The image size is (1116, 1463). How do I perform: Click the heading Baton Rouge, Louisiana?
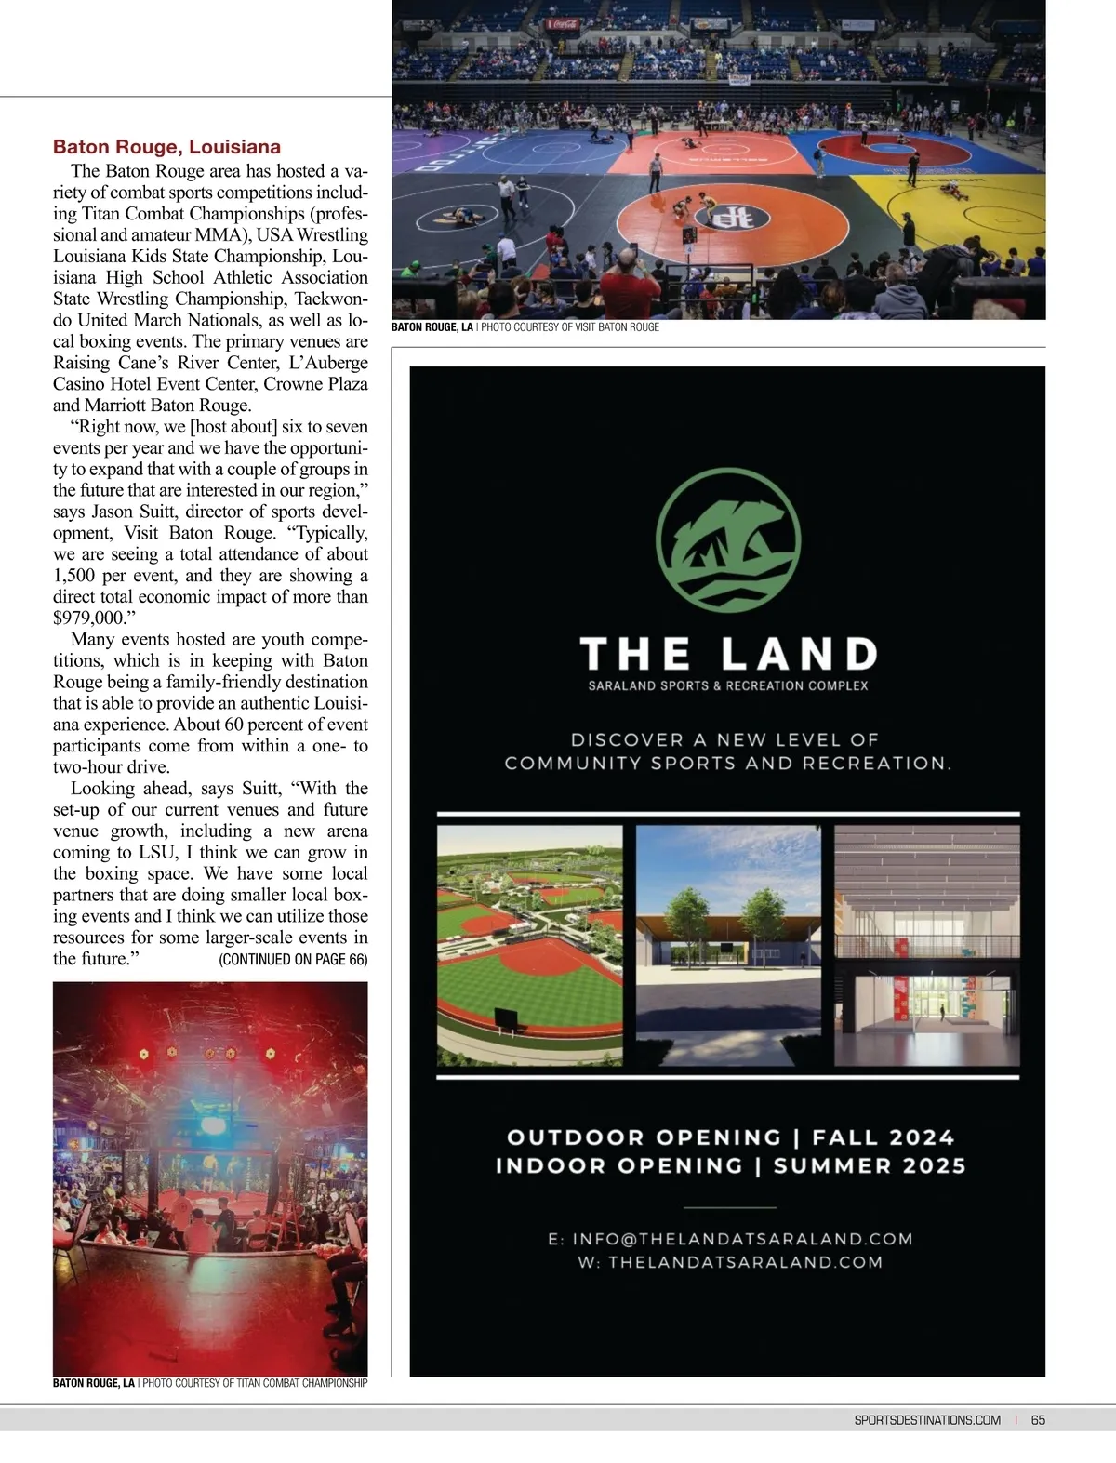click(x=166, y=147)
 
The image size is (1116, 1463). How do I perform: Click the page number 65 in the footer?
click(x=1038, y=1419)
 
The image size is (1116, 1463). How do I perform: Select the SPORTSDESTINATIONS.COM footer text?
click(x=926, y=1419)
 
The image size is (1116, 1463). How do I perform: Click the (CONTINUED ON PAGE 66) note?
click(x=293, y=959)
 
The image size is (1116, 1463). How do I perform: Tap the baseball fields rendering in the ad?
click(x=529, y=946)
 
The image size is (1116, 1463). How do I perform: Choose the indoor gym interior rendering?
click(x=926, y=946)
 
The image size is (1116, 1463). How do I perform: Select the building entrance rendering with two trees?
click(x=727, y=946)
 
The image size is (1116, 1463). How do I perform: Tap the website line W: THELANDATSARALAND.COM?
click(x=731, y=1262)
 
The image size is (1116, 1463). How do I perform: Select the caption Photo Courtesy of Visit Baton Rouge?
click(x=569, y=327)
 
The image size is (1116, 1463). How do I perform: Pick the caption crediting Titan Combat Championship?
click(x=254, y=1383)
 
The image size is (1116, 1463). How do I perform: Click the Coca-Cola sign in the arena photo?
click(x=564, y=23)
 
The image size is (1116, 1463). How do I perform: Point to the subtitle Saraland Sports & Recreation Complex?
click(x=728, y=685)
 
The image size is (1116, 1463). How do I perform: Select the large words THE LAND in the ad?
click(x=728, y=654)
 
